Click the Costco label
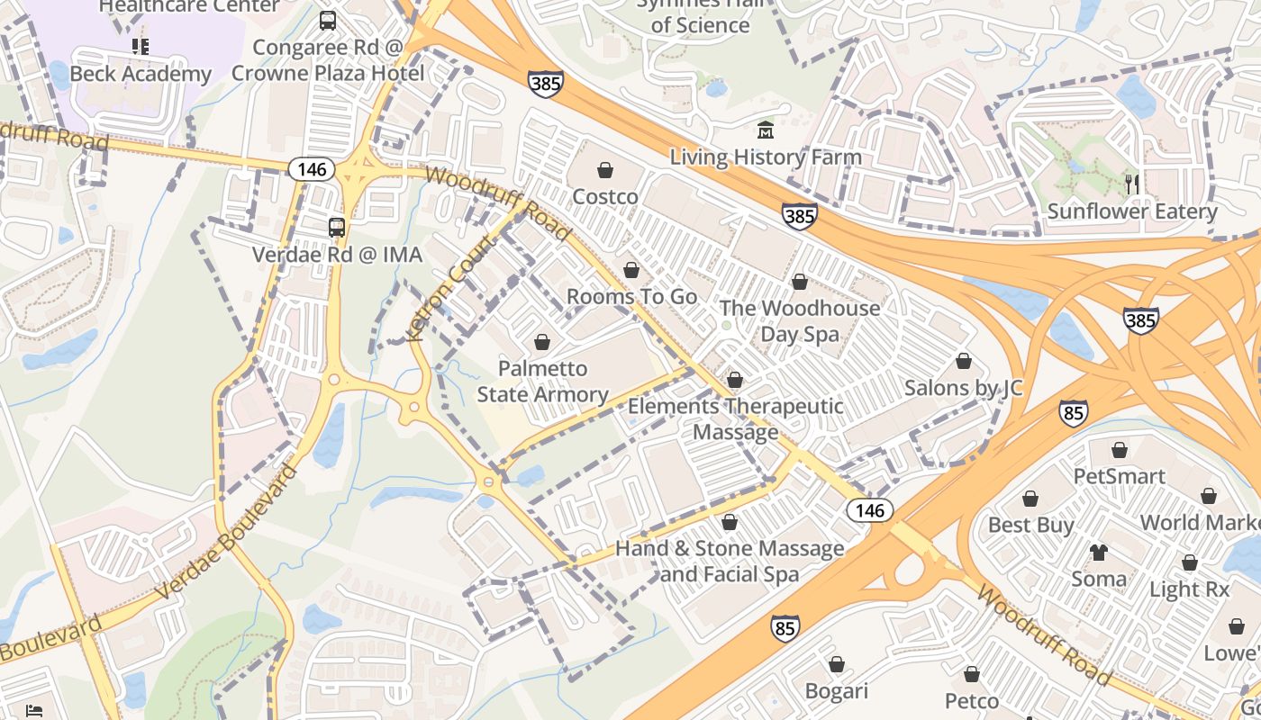[605, 196]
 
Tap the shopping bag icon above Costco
[605, 170]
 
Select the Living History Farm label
[765, 157]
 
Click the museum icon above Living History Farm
[766, 130]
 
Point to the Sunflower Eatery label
[1131, 211]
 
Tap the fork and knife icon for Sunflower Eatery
[1132, 184]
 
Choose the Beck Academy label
[141, 74]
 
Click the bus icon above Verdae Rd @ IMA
[337, 228]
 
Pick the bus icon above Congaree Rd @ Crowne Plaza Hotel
[328, 21]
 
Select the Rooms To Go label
[631, 296]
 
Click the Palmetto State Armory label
[542, 382]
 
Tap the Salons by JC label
[963, 388]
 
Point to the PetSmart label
[1119, 476]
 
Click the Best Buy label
[1030, 525]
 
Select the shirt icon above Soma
[1098, 552]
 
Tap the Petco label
[971, 700]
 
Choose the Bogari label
[836, 691]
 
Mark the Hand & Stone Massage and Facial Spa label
[730, 561]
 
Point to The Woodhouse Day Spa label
[799, 320]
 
